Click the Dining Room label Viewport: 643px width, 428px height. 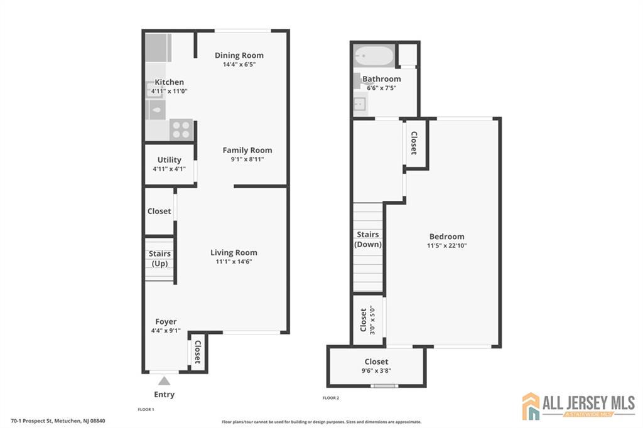(239, 55)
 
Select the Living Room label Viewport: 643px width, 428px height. (234, 252)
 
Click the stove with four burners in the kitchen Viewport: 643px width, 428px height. (181, 130)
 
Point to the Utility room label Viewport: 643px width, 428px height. (169, 159)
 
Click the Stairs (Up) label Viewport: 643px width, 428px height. (159, 259)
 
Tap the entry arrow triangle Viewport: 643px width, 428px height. (164, 380)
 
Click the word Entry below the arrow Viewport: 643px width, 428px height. (164, 395)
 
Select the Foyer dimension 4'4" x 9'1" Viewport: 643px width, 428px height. (166, 331)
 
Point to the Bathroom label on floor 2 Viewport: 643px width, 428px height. (381, 79)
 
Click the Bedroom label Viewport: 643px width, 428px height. (446, 237)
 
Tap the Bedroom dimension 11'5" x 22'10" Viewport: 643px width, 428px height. (447, 246)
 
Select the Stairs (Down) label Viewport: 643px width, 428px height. (367, 239)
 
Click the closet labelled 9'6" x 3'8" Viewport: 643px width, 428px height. (376, 366)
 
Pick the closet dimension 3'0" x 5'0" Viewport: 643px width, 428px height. (372, 319)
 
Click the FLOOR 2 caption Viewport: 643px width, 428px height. (330, 398)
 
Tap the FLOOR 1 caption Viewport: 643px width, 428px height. (146, 409)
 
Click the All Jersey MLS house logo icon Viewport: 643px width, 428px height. (531, 406)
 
